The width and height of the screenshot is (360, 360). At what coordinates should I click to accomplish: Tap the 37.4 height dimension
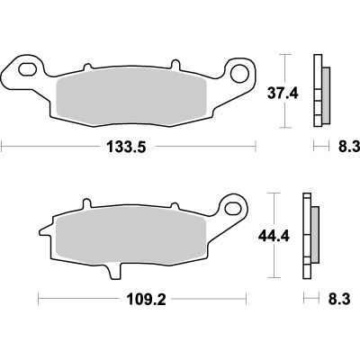[284, 93]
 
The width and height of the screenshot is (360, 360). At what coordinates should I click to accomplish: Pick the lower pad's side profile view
[310, 237]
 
